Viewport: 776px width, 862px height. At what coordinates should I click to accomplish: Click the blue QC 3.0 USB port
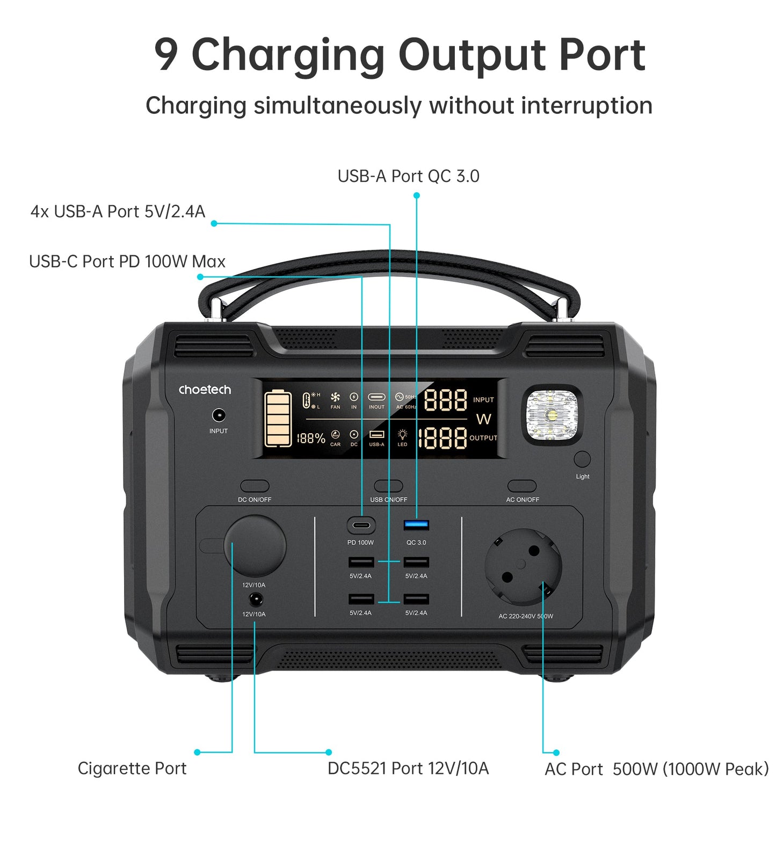[x=416, y=525]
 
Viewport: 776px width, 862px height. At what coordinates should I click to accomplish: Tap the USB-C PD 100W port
[x=361, y=525]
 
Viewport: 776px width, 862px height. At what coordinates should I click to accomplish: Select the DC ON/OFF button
[x=255, y=486]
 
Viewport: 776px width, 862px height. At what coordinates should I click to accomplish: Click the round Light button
[x=582, y=459]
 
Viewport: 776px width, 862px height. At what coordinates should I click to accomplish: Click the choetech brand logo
[x=205, y=390]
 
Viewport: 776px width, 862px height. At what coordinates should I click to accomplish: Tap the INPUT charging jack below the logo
[x=219, y=415]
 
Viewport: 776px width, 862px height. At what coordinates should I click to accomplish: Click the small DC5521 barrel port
[x=256, y=600]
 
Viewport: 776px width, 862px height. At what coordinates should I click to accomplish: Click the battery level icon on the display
[x=278, y=419]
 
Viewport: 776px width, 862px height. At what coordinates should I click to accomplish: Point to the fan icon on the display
[x=335, y=397]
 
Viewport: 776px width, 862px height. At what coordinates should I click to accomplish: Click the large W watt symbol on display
[x=484, y=419]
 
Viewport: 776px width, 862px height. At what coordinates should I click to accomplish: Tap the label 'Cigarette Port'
[x=132, y=768]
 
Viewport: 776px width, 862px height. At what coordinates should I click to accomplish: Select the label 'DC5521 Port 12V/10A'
[x=408, y=768]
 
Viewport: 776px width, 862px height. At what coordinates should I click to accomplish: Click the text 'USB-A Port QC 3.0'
[x=408, y=176]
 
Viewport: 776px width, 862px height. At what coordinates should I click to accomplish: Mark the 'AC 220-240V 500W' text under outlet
[x=525, y=616]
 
